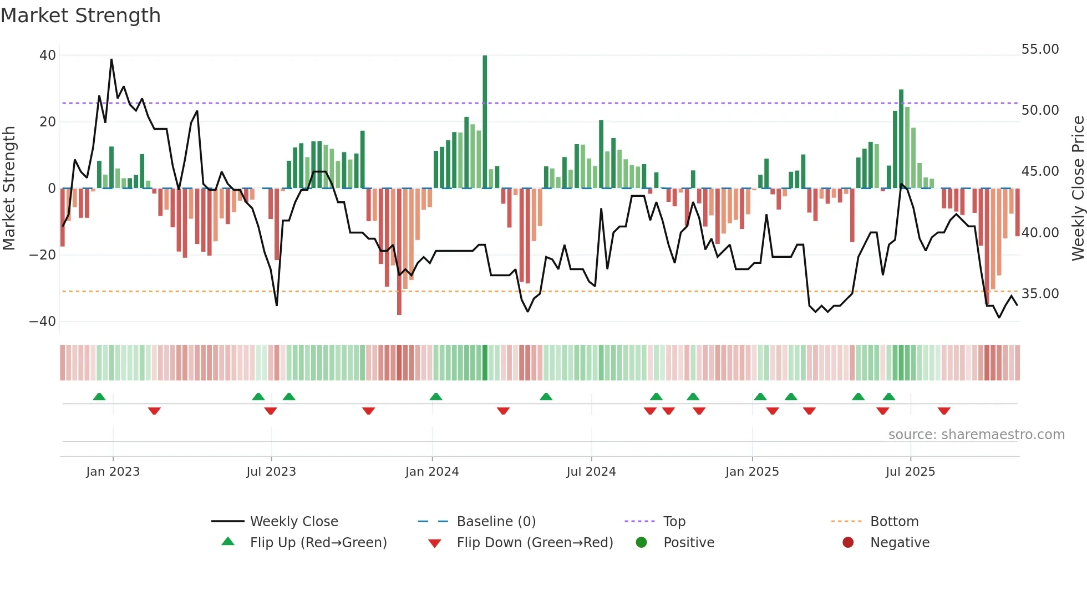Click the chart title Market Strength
(x=80, y=16)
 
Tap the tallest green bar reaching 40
(x=485, y=121)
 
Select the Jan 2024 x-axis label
(x=432, y=472)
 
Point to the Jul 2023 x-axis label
(x=271, y=472)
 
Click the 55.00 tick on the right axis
(x=1040, y=49)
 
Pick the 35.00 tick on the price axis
(x=1040, y=294)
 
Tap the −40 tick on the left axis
(x=43, y=322)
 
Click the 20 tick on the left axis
(x=48, y=122)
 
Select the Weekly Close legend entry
(x=293, y=522)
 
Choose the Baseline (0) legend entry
(x=496, y=522)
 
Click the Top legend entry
(x=674, y=522)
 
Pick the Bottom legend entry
(x=894, y=522)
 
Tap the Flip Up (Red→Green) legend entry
(x=318, y=543)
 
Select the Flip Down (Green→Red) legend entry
(x=535, y=543)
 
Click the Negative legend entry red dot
(x=848, y=543)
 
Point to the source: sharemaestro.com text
(x=976, y=435)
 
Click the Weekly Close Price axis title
(x=1078, y=189)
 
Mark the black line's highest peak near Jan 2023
(x=111, y=59)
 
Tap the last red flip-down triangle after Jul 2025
(x=944, y=411)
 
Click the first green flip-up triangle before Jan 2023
(x=99, y=396)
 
